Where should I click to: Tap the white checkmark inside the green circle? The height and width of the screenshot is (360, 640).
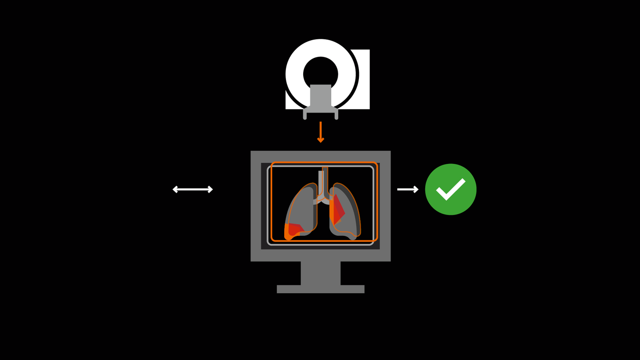(x=450, y=190)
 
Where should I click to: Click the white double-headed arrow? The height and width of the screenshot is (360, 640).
(x=193, y=189)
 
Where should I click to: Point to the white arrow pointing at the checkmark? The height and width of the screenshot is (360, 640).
(x=407, y=189)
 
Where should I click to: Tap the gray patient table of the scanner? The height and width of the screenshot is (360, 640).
(x=320, y=96)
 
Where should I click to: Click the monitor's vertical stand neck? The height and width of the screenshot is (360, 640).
(x=320, y=273)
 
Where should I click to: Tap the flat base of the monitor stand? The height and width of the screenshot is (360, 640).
(x=320, y=289)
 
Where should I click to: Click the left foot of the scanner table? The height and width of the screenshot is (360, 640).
(x=305, y=116)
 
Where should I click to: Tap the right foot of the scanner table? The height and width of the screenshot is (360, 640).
(x=336, y=116)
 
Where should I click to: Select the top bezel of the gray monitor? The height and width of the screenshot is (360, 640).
(x=320, y=156)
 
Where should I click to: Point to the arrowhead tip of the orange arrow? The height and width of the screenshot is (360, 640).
(x=320, y=141)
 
